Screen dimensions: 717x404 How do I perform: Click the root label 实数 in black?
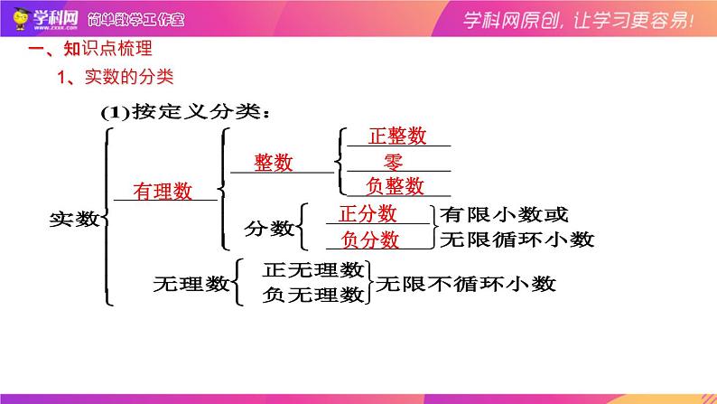(x=75, y=219)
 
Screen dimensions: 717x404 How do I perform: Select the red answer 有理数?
(x=163, y=192)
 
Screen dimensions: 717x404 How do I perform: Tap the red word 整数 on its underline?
(x=274, y=163)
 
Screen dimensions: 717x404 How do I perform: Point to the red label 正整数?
(x=397, y=136)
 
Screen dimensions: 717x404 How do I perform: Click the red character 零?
(x=393, y=162)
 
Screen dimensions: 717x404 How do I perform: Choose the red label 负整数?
(x=396, y=186)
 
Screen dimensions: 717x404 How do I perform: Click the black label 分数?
(x=269, y=228)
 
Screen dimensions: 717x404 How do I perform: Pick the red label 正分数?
(x=368, y=213)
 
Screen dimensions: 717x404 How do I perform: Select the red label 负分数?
(x=370, y=240)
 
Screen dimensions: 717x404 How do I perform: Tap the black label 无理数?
(x=191, y=284)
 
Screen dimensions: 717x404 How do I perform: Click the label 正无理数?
(x=313, y=270)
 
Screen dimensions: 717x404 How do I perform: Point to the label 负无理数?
(x=313, y=295)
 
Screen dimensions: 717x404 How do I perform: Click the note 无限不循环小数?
(x=465, y=284)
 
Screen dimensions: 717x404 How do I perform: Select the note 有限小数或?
(x=504, y=214)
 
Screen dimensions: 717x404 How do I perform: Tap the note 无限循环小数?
(x=517, y=240)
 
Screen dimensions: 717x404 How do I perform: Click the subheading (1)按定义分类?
(x=185, y=112)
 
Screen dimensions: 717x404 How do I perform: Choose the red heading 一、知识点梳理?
(x=90, y=49)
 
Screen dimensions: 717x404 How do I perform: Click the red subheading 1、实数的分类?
(x=116, y=77)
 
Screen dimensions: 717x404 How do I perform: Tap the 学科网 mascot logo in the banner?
(x=20, y=19)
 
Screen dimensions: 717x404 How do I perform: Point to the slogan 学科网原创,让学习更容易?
(x=579, y=20)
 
